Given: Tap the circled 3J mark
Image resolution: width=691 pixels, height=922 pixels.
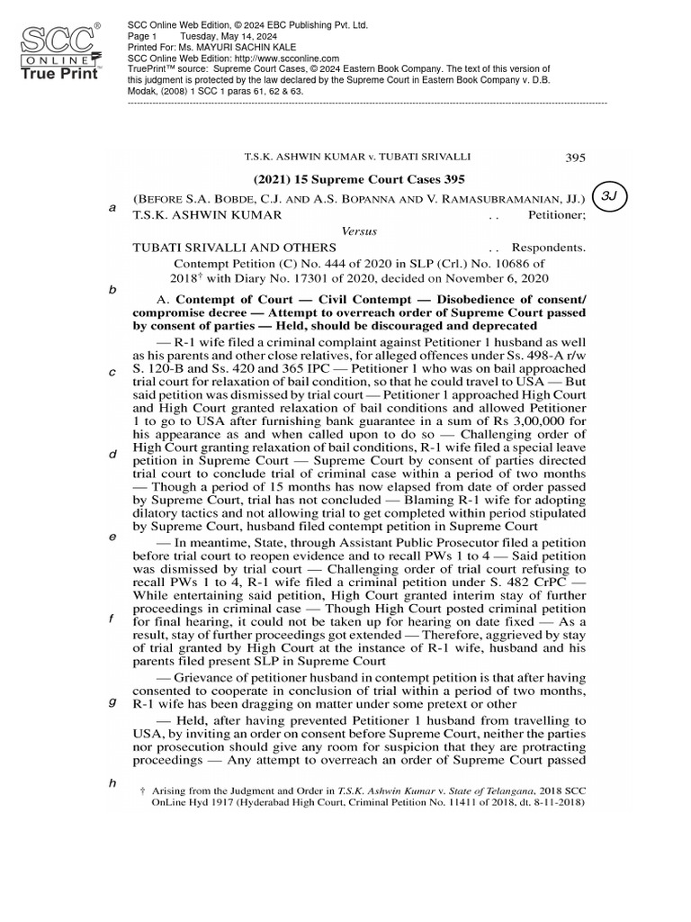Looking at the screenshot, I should pos(615,198).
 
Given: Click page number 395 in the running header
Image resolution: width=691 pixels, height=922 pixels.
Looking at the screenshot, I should pos(575,157).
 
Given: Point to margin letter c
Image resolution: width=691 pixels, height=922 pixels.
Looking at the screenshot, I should pos(112,373).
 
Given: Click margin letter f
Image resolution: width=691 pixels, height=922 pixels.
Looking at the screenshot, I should pos(112,619).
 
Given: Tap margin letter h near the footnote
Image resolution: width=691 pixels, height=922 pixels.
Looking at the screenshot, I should pos(112,782).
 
